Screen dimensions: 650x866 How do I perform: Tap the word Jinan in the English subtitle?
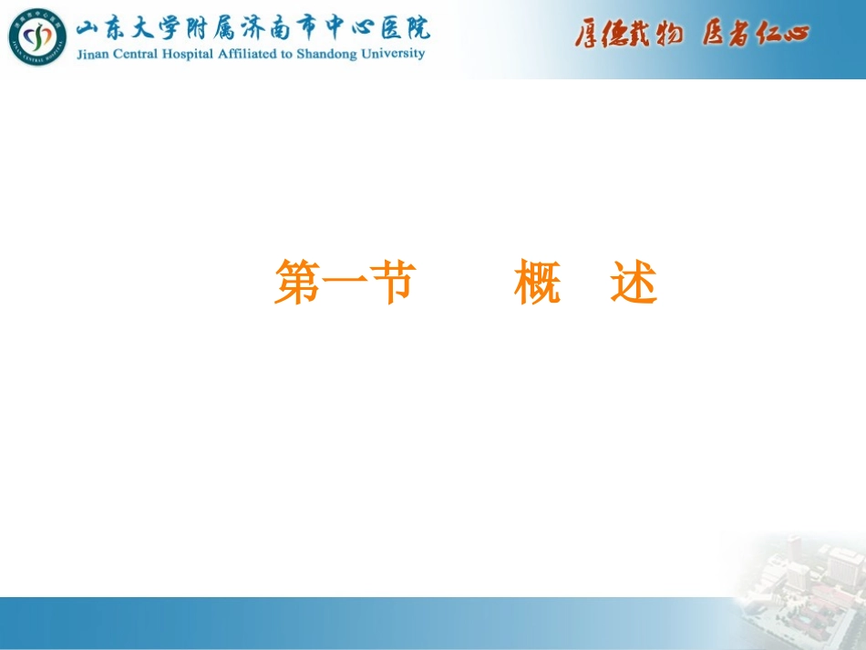click(x=94, y=54)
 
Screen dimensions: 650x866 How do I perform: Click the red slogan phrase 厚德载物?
click(x=628, y=35)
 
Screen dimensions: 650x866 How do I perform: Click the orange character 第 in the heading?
click(x=297, y=282)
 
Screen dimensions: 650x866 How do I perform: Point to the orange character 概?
click(x=538, y=283)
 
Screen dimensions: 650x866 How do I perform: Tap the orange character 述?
click(x=634, y=283)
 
